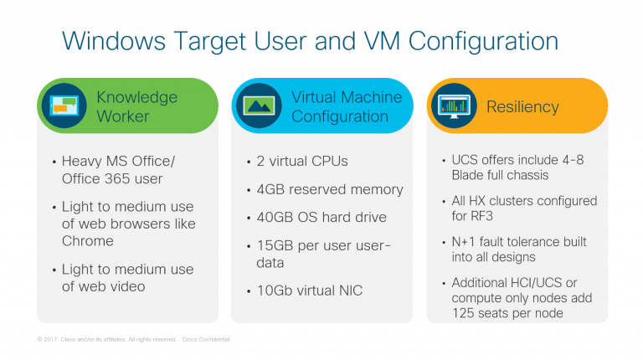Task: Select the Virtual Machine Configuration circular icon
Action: pyautogui.click(x=259, y=105)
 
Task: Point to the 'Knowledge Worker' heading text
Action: pyautogui.click(x=136, y=106)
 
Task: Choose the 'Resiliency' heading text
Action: pyautogui.click(x=522, y=107)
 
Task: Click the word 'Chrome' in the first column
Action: pyautogui.click(x=87, y=241)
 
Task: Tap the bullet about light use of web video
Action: pyautogui.click(x=127, y=278)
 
